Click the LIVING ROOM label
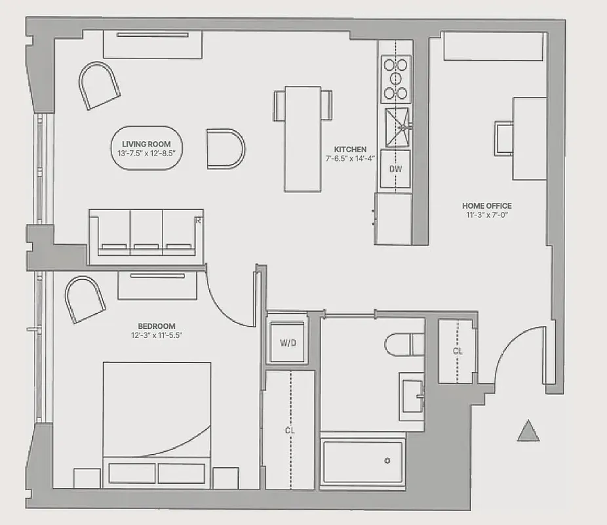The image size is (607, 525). (146, 144)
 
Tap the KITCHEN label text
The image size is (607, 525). (349, 149)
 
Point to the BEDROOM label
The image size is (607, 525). (156, 326)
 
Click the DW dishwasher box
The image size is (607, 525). (395, 169)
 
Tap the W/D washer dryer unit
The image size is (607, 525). (287, 343)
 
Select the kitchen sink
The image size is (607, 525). (397, 127)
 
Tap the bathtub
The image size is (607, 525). (362, 457)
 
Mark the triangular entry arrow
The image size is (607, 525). (528, 432)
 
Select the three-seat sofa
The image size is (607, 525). (146, 233)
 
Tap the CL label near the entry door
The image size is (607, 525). (458, 351)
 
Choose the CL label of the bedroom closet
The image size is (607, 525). (288, 430)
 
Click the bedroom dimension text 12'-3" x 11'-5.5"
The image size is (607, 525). (156, 335)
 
